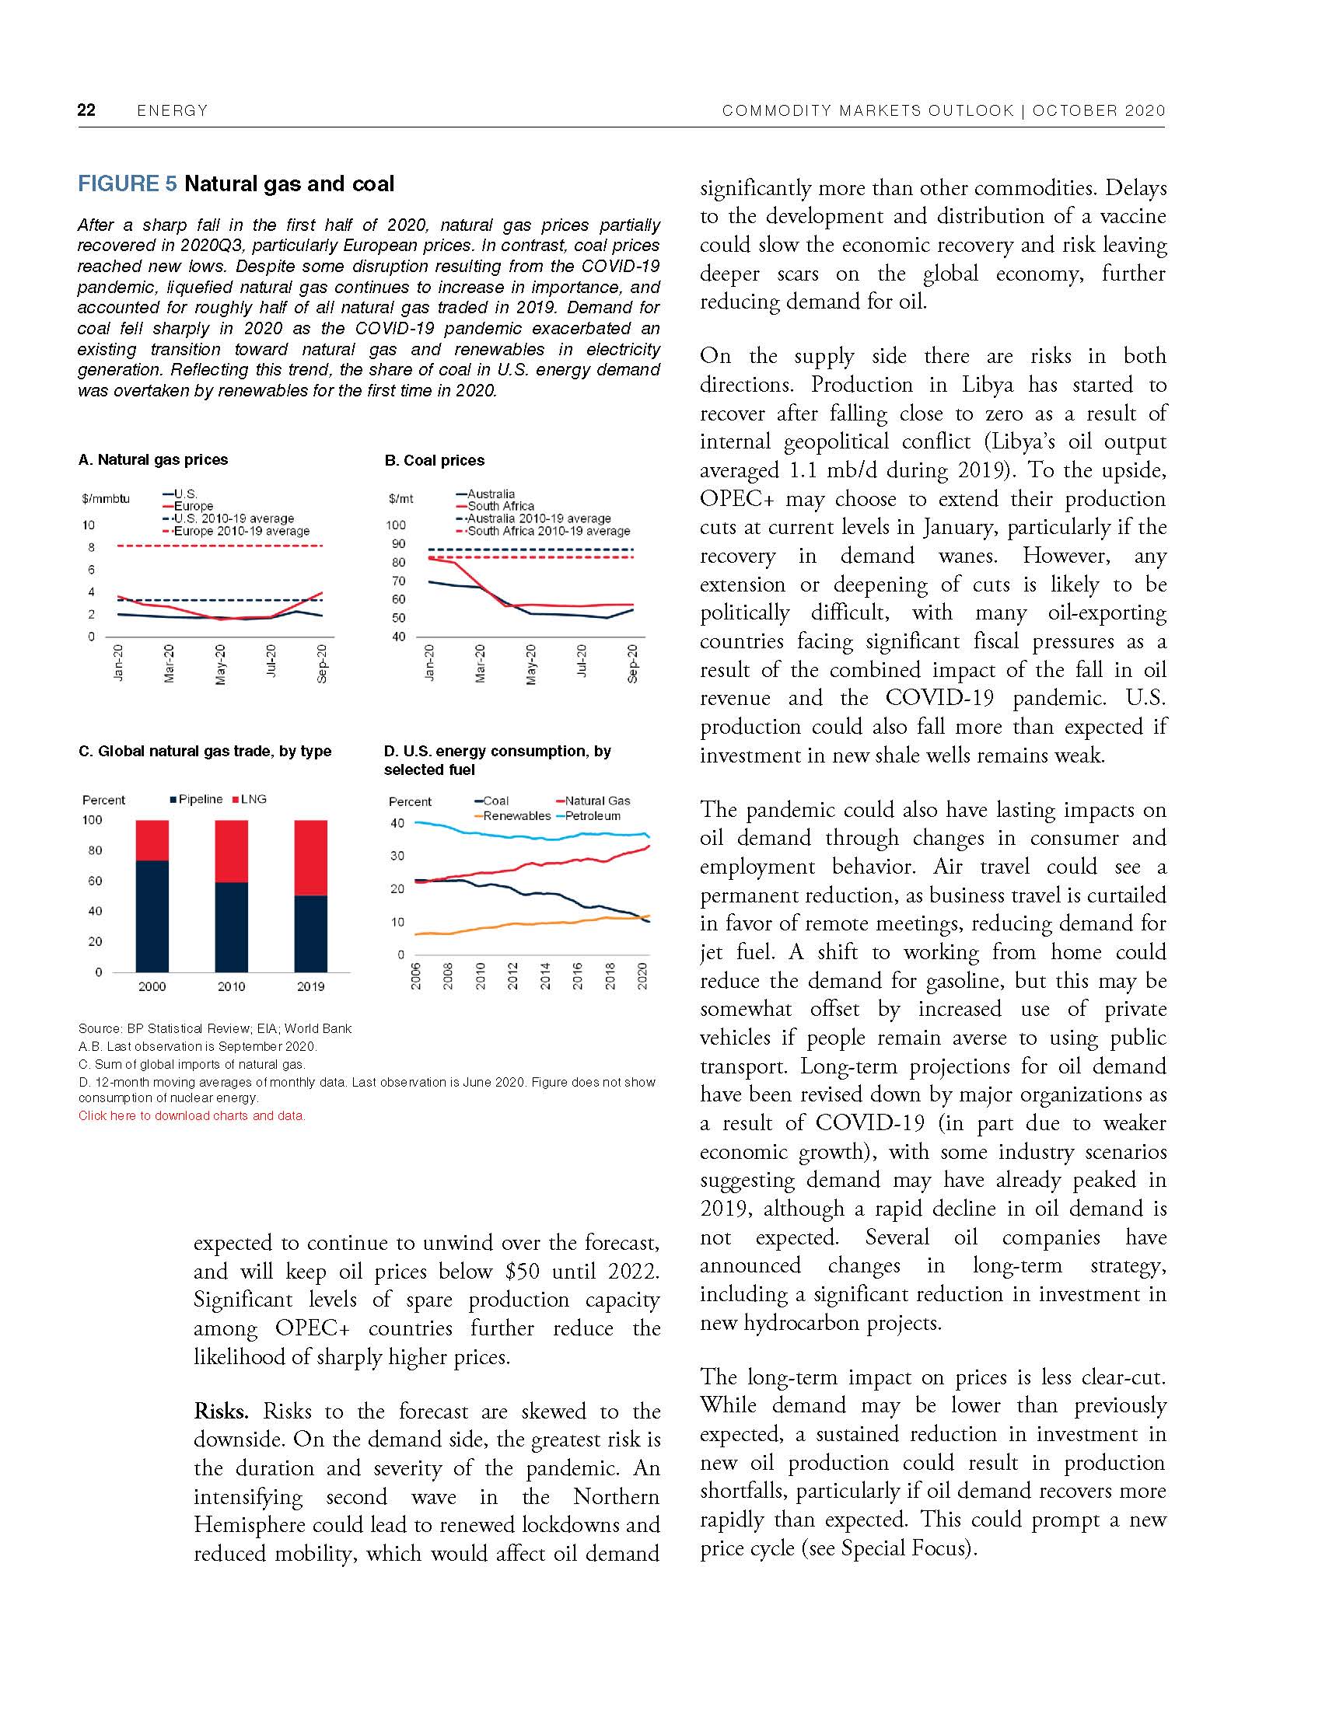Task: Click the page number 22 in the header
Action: coord(86,110)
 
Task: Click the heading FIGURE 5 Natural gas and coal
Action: coord(236,184)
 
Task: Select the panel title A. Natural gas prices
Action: coord(152,459)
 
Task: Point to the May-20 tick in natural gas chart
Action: coord(221,664)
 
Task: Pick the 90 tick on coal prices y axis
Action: coord(399,543)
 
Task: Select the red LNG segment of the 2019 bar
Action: coord(310,857)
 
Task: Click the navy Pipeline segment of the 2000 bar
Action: coord(152,916)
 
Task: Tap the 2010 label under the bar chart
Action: coord(231,986)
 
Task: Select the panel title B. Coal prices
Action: coord(434,460)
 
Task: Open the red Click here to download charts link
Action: coord(191,1115)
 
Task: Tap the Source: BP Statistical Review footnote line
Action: coord(215,1028)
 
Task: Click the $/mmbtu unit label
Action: coord(106,498)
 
